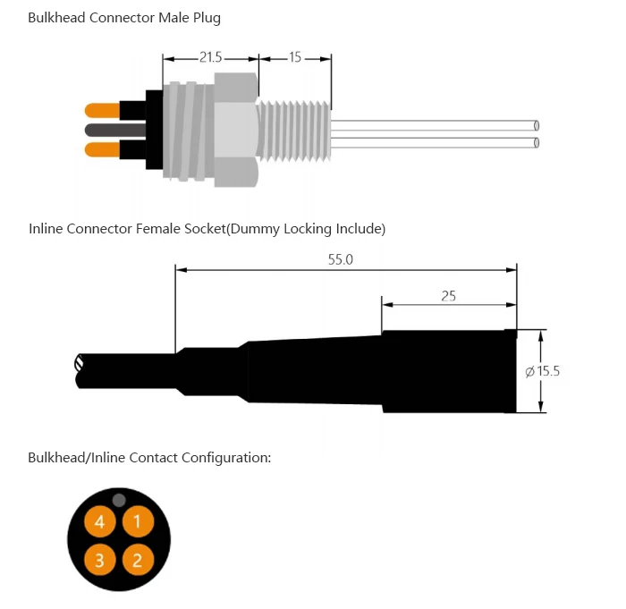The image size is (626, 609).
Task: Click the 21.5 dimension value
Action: pyautogui.click(x=211, y=57)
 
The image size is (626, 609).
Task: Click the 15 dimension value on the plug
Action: pyautogui.click(x=295, y=57)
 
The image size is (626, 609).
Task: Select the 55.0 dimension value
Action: pyautogui.click(x=341, y=259)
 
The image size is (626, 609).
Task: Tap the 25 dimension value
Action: pyautogui.click(x=448, y=295)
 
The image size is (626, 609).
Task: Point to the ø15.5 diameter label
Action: pyautogui.click(x=542, y=371)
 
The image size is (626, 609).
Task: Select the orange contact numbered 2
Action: pyautogui.click(x=137, y=560)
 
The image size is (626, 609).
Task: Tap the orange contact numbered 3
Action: pyautogui.click(x=100, y=560)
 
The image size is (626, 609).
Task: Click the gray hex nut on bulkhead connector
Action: pyautogui.click(x=236, y=130)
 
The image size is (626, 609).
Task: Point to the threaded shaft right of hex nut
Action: pyautogui.click(x=295, y=130)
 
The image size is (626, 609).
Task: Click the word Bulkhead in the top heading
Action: pyautogui.click(x=56, y=18)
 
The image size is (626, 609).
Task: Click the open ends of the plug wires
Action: pyautogui.click(x=536, y=134)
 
